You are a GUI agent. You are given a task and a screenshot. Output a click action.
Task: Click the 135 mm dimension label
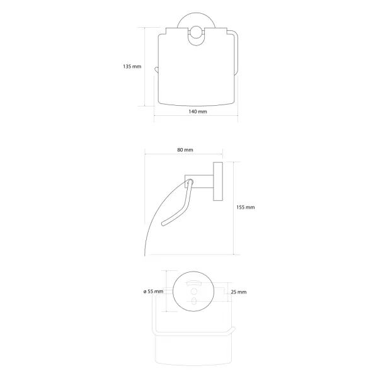(x=132, y=66)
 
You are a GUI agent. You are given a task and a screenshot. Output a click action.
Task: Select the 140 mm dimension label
(x=198, y=112)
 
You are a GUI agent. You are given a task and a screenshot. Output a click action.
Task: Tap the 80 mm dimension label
(x=185, y=150)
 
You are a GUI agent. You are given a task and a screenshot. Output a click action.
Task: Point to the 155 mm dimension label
(x=246, y=207)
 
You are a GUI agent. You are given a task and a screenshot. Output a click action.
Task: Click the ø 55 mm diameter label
(x=153, y=292)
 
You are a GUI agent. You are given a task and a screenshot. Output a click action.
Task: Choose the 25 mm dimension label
(x=239, y=292)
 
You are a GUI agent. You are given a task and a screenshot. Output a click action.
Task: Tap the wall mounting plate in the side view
(x=218, y=181)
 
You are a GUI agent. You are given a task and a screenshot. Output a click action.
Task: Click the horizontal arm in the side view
(x=199, y=181)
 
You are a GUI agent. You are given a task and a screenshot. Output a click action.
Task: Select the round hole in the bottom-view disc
(x=194, y=292)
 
